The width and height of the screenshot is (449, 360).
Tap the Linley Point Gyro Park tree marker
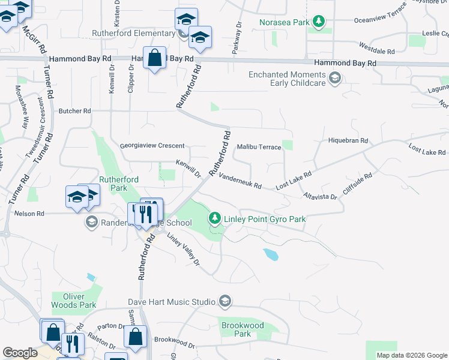(x=215, y=219)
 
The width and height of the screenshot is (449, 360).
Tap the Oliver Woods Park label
(x=74, y=301)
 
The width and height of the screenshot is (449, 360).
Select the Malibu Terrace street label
(x=259, y=147)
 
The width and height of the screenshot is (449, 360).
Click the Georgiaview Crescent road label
(x=152, y=146)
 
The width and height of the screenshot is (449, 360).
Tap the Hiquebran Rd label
(x=348, y=140)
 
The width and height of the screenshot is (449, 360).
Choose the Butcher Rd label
(x=74, y=111)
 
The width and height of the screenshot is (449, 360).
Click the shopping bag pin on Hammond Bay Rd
(x=155, y=59)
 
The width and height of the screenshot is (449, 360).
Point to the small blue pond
(x=271, y=255)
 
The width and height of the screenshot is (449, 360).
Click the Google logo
(x=20, y=353)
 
